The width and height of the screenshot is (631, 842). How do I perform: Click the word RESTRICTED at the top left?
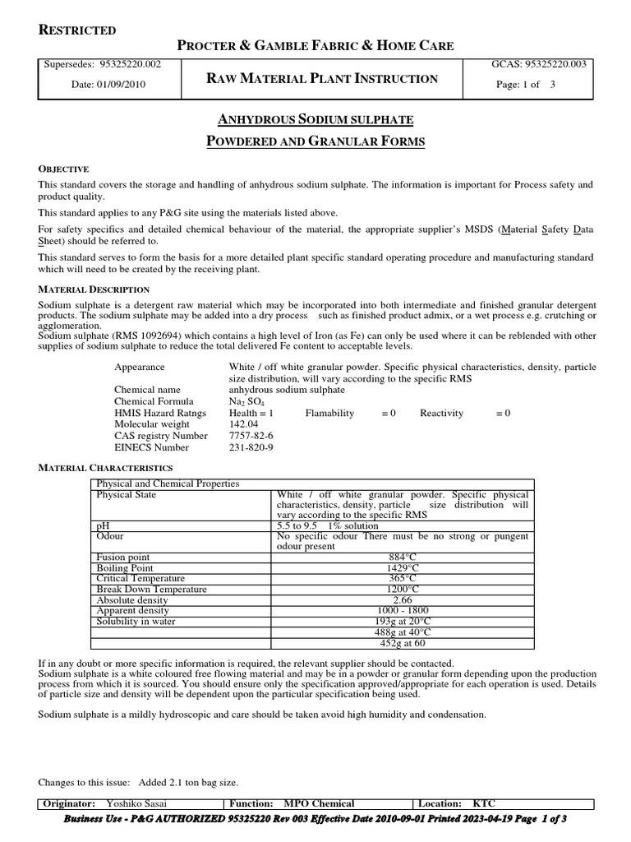pos(78,30)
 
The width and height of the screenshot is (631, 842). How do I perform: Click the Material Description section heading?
pos(94,289)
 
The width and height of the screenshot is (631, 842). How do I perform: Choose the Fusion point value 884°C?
pos(403,557)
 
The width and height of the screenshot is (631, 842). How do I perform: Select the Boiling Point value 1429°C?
pos(403,568)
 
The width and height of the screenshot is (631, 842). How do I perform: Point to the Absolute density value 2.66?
pos(403,600)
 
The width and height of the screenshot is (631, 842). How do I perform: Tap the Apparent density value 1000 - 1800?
pos(403,611)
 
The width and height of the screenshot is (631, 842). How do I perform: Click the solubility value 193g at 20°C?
pos(403,622)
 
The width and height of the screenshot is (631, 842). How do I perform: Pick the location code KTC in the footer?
pos(484,803)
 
